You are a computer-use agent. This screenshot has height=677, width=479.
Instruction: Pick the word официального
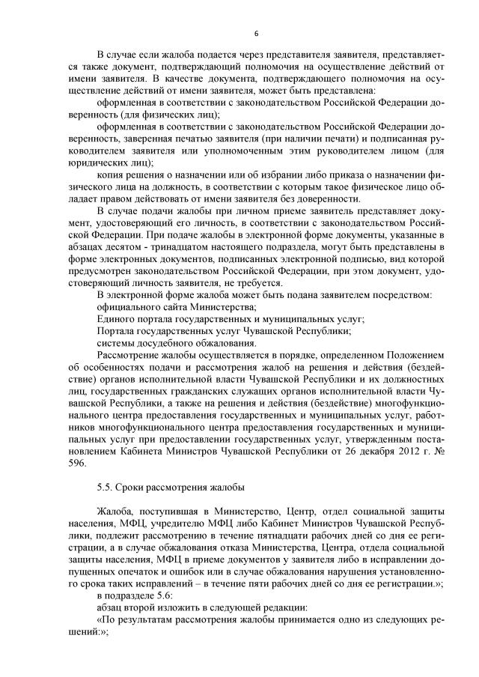[129, 306]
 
